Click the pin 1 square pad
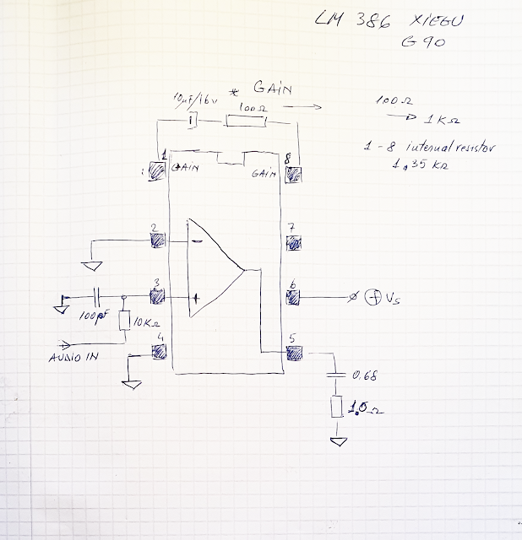pos(156,172)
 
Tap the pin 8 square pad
pos(295,175)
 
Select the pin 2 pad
pos(158,240)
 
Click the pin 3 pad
pos(157,297)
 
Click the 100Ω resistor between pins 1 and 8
pos(246,121)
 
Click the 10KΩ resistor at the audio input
pos(124,321)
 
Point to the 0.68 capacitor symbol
pos(339,373)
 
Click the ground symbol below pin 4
pos(130,385)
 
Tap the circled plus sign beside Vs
pos(372,297)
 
